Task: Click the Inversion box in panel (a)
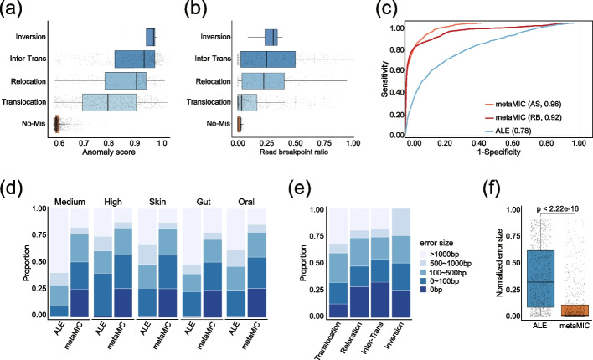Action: [x=150, y=37]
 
